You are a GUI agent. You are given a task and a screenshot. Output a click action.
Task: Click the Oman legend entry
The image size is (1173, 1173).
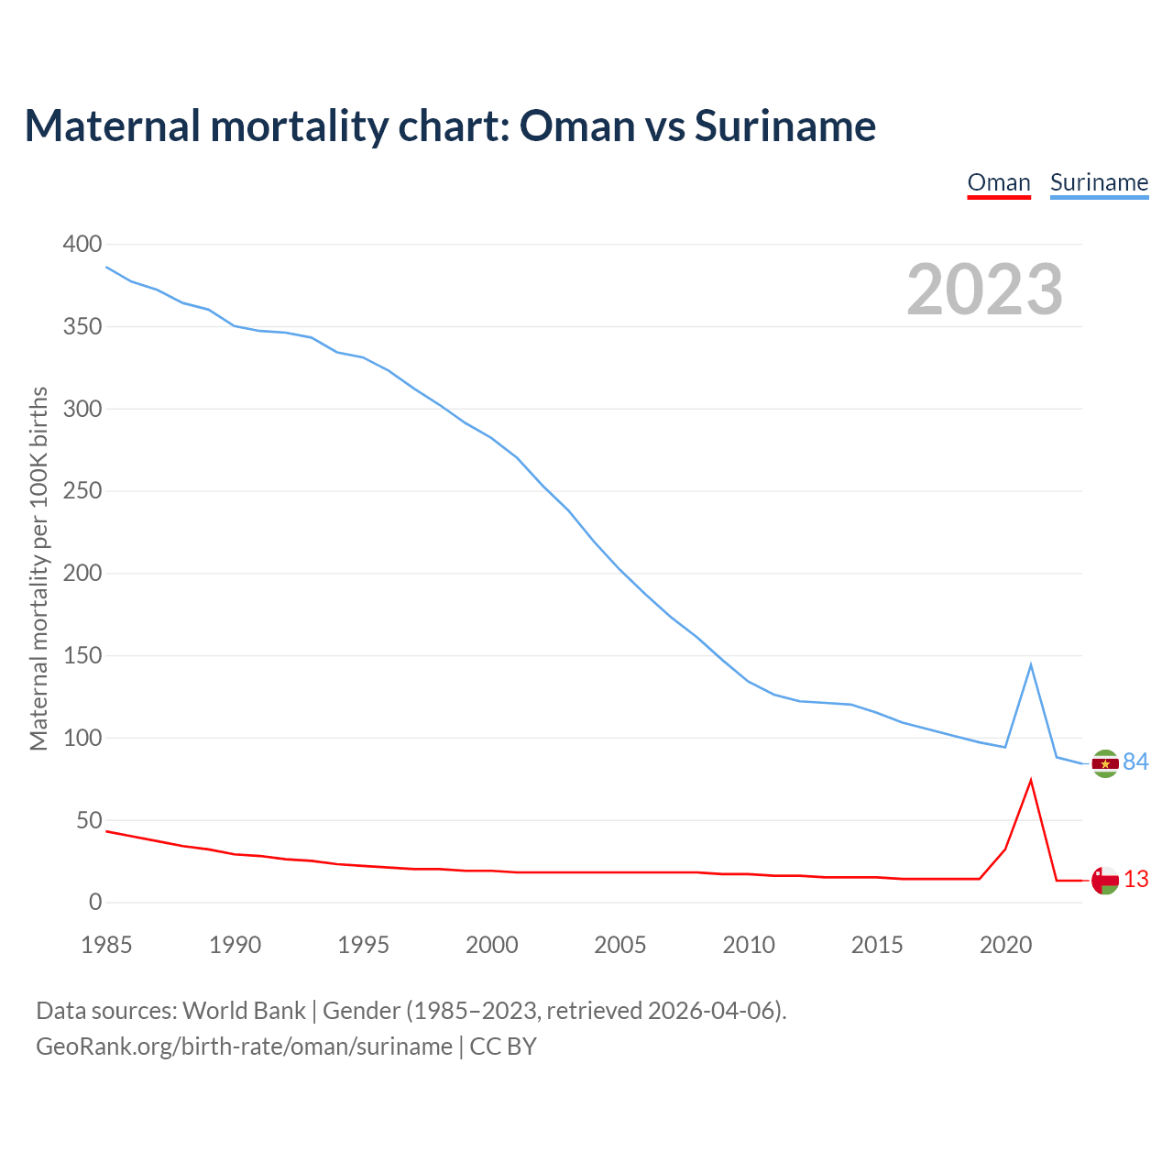coord(999,182)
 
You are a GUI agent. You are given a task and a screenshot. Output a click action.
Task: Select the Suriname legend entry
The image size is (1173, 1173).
coord(1099,182)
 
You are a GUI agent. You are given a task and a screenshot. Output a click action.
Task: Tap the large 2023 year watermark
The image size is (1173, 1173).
coord(984,290)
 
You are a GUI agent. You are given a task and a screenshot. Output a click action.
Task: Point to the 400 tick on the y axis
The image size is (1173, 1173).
coord(82,244)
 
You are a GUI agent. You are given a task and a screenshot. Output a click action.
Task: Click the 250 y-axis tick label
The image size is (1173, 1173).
coord(82,491)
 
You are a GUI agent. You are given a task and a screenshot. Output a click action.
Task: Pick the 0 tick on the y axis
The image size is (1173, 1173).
coord(95,903)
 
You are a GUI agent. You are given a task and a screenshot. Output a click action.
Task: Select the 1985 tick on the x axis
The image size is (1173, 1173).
coord(106,945)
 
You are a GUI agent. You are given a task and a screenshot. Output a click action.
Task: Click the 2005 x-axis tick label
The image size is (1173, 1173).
coord(620,945)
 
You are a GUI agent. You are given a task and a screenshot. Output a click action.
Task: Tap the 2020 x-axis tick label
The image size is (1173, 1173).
coord(1005,945)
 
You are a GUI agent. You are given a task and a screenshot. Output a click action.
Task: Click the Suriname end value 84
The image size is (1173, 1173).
coord(1136,762)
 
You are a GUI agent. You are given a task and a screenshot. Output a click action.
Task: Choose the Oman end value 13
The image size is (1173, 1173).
coord(1136,880)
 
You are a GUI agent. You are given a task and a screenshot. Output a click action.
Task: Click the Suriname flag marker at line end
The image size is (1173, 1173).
coord(1105,763)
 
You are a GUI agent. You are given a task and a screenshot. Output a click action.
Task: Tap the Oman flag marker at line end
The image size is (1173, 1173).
coord(1105,881)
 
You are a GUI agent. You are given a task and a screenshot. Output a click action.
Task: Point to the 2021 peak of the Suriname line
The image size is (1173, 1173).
coord(1031,664)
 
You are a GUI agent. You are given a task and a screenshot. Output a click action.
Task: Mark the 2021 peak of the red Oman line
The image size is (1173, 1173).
coord(1031,780)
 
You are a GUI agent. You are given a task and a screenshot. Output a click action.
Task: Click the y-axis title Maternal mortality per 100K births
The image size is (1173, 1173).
coord(38,569)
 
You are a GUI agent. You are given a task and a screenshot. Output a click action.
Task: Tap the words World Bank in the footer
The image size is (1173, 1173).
coord(244,1011)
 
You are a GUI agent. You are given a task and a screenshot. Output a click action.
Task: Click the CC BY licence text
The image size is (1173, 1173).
coord(503,1047)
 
